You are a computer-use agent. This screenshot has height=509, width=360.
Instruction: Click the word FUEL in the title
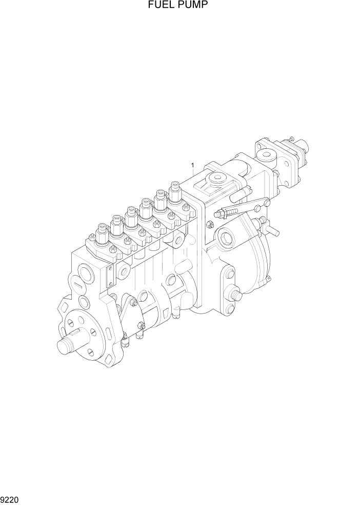[x=159, y=6]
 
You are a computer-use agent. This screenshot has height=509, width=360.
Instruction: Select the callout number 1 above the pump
[x=192, y=165]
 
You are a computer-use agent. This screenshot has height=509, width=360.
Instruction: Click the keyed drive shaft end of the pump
[x=66, y=346]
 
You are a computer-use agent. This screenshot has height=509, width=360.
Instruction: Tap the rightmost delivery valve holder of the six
[x=175, y=191]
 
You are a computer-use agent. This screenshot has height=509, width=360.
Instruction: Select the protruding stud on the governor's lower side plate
[x=236, y=296]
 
